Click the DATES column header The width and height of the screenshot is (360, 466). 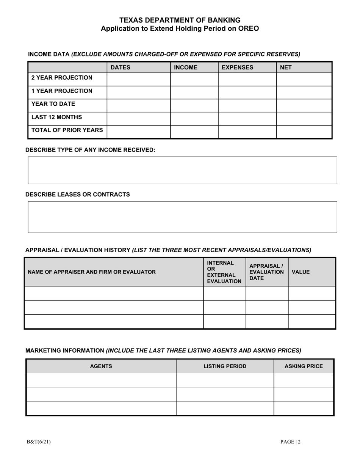coord(120,67)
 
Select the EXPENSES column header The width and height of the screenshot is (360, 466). coord(237,67)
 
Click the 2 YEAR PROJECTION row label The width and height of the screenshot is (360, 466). coord(62,78)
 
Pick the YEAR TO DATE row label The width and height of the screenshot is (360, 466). coord(53,104)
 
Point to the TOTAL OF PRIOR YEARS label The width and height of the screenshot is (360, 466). coord(67,130)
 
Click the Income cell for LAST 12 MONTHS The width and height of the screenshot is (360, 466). coord(194,118)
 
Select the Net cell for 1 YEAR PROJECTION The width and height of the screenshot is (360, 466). coord(304,92)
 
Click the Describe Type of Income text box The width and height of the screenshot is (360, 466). coord(182,170)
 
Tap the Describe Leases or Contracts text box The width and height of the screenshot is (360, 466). coord(182,217)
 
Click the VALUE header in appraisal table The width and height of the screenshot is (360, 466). coord(301,272)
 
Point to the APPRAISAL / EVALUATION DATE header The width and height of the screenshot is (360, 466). coord(266,272)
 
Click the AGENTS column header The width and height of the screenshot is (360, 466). coord(101,366)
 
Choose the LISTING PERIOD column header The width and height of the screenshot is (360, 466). coord(225,366)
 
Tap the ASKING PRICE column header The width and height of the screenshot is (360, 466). coord(304,366)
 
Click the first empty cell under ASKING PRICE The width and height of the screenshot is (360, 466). coord(304,380)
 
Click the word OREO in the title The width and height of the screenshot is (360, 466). coord(248,28)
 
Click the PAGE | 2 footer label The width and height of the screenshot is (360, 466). coord(291,441)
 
